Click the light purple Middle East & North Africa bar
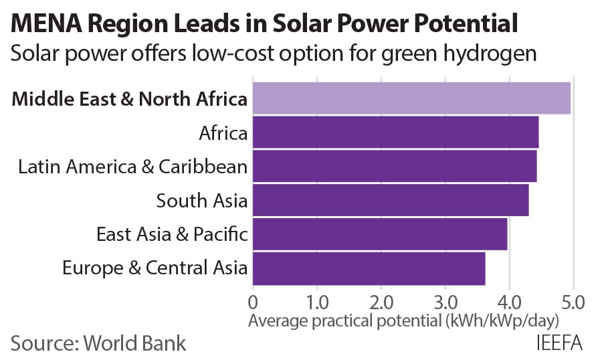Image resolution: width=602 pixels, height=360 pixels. click(x=411, y=99)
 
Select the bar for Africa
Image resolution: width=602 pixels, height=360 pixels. click(x=395, y=132)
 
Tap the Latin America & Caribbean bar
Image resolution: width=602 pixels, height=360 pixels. click(x=395, y=167)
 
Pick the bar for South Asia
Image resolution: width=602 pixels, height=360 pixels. click(x=391, y=200)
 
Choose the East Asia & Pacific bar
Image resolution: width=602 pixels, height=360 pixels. click(x=380, y=234)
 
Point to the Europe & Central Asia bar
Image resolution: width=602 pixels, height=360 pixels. click(x=369, y=268)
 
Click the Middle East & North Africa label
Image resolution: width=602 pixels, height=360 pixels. click(x=130, y=100)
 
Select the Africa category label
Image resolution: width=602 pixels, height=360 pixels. click(x=223, y=133)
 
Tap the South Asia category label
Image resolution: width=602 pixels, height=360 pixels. click(x=202, y=200)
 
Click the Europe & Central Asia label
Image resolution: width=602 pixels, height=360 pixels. click(x=155, y=268)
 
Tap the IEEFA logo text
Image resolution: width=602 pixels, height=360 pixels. click(x=559, y=343)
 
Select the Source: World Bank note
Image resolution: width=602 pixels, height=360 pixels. click(x=98, y=343)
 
